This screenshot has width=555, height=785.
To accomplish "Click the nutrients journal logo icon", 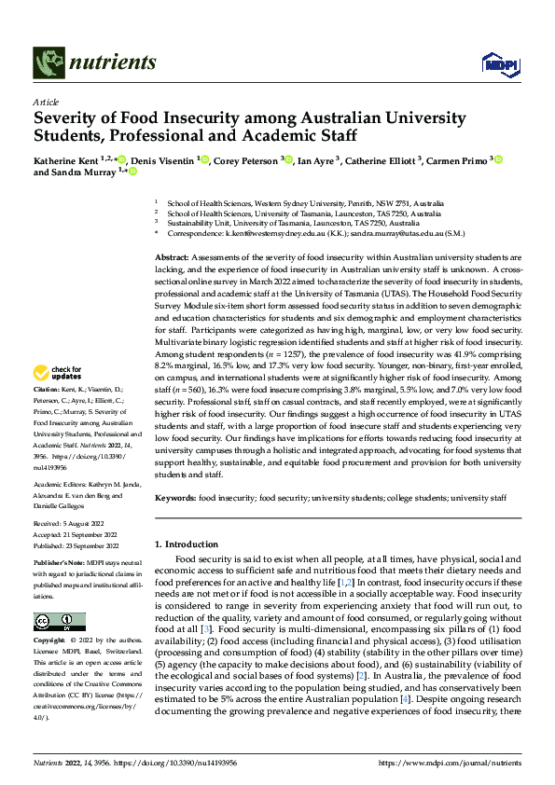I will pyautogui.click(x=48, y=63).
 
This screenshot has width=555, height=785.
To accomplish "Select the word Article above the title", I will pyautogui.click(x=45, y=102).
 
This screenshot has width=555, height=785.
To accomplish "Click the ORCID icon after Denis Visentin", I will pyautogui.click(x=204, y=159).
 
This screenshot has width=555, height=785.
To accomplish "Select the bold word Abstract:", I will pyautogui.click(x=171, y=256).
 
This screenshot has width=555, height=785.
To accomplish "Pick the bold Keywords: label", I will pyautogui.click(x=174, y=499).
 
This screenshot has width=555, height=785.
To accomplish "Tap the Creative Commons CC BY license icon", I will pyautogui.click(x=59, y=622).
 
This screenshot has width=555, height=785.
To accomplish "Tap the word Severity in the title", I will pyautogui.click(x=67, y=119).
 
